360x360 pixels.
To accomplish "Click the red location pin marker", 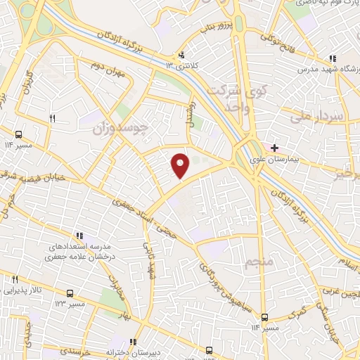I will tap(181, 165).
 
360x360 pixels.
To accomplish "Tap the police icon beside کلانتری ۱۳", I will tap(182, 55).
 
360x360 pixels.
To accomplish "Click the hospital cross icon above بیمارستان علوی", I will tap(275, 148).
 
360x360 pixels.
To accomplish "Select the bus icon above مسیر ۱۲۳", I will tap(69, 292).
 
